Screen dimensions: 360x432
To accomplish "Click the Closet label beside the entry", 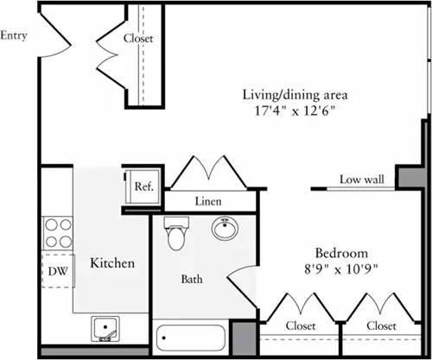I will (138, 38).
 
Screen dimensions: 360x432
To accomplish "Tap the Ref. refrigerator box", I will (142, 185).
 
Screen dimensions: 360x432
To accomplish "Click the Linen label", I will (208, 201).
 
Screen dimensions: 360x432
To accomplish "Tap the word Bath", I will (192, 280).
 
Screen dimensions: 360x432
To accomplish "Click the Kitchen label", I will (112, 262).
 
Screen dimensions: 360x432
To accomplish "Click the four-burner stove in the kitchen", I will (57, 231).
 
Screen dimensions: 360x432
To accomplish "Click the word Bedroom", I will (341, 253).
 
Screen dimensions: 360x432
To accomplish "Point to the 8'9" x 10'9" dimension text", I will (341, 268).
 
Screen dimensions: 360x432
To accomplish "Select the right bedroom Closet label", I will (380, 326).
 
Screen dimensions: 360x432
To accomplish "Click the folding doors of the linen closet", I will (209, 171).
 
